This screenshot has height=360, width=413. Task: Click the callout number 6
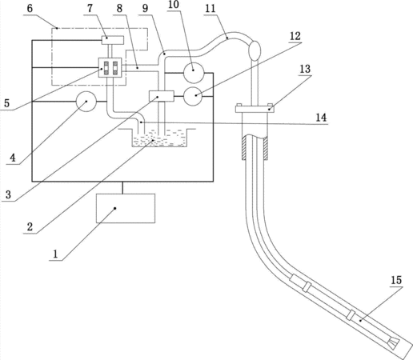pyautogui.click(x=30, y=9)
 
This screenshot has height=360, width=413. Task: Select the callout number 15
pyautogui.click(x=396, y=280)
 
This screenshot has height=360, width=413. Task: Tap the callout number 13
pyautogui.click(x=305, y=70)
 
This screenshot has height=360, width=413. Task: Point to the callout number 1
pyautogui.click(x=55, y=254)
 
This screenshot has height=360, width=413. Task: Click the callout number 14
pyautogui.click(x=321, y=118)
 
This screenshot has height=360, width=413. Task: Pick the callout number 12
pyautogui.click(x=295, y=36)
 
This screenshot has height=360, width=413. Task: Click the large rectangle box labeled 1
pyautogui.click(x=126, y=208)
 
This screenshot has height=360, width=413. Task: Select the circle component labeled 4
pyautogui.click(x=86, y=102)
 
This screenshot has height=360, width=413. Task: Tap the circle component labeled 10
pyautogui.click(x=194, y=73)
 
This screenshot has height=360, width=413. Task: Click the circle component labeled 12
pyautogui.click(x=194, y=96)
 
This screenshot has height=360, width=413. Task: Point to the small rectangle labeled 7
pyautogui.click(x=113, y=40)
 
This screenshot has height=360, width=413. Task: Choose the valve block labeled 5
pyautogui.click(x=110, y=67)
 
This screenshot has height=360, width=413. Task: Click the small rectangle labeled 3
pyautogui.click(x=162, y=96)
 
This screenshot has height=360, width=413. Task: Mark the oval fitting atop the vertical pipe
pyautogui.click(x=254, y=50)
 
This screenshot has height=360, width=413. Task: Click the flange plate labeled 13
pyautogui.click(x=255, y=109)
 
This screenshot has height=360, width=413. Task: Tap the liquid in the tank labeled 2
pyautogui.click(x=159, y=140)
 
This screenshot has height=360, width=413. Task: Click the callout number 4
pyautogui.click(x=13, y=158)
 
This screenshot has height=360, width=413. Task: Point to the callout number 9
pyautogui.click(x=145, y=9)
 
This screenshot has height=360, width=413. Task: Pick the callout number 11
pyautogui.click(x=211, y=9)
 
